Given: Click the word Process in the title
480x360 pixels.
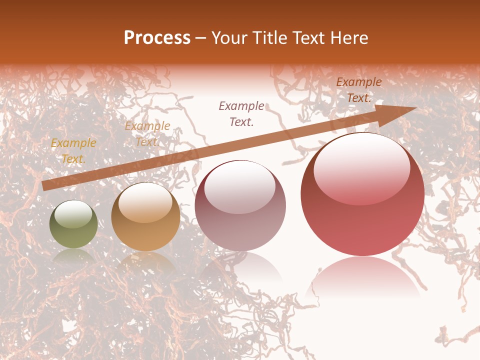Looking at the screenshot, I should pos(157,38).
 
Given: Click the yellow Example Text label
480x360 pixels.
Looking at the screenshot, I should pos(73,151).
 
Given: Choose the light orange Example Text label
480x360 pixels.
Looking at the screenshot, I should pos(147,134).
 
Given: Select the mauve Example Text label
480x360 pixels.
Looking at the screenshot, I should pos(242,113).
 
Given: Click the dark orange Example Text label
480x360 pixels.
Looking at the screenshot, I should pos(359,90).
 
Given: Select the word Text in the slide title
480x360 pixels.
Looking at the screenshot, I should pos(305,38).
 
